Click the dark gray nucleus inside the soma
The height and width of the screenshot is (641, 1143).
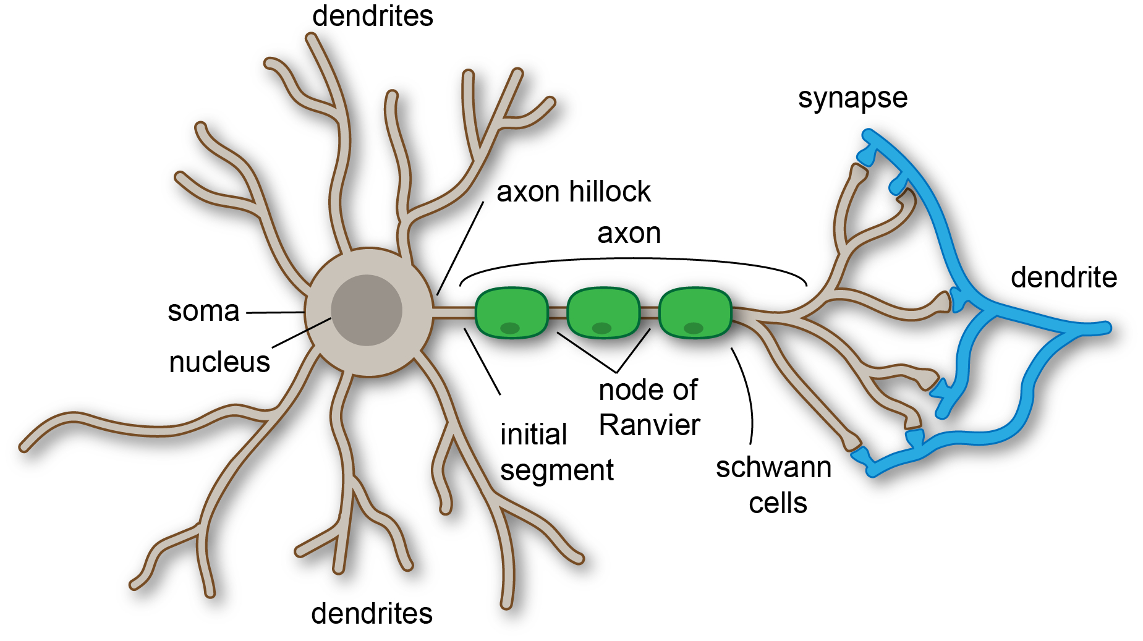[x=367, y=310]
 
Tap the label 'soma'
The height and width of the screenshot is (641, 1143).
[x=203, y=311]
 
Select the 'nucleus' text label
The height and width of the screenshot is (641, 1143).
[x=219, y=362]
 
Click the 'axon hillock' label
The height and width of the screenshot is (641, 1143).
[x=573, y=192]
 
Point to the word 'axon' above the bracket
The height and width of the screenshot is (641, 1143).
[x=629, y=234]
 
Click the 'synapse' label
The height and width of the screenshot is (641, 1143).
[x=852, y=98]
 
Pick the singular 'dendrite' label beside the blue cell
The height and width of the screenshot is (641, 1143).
[x=1063, y=278]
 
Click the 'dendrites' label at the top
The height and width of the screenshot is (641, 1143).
[x=372, y=16]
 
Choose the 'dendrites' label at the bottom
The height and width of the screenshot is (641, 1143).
[x=372, y=614]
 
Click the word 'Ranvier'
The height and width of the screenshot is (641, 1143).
[x=649, y=425]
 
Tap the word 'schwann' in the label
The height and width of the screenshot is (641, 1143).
[x=773, y=468]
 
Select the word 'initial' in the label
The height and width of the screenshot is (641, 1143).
[x=533, y=435]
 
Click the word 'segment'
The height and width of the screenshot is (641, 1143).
[x=556, y=471]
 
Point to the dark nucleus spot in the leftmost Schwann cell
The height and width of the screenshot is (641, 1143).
[x=510, y=328]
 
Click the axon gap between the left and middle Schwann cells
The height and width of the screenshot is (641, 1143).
[x=558, y=313]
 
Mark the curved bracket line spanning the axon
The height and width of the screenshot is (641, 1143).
[x=631, y=260]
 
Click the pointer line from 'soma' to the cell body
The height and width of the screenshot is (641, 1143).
[x=275, y=313]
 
